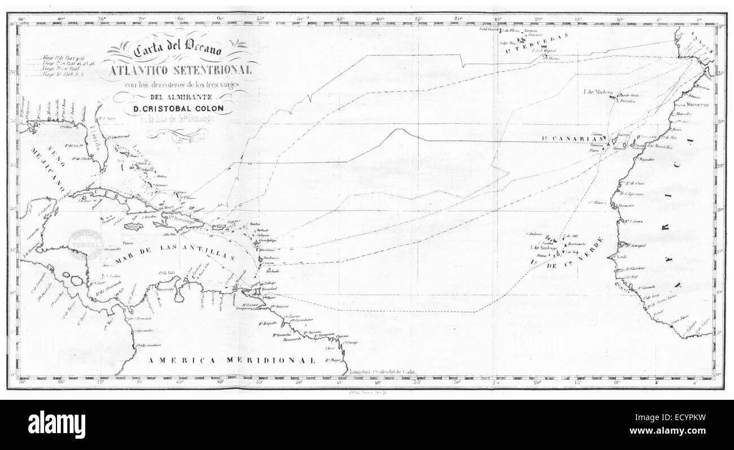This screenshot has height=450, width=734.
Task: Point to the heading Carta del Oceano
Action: click(x=179, y=51)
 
